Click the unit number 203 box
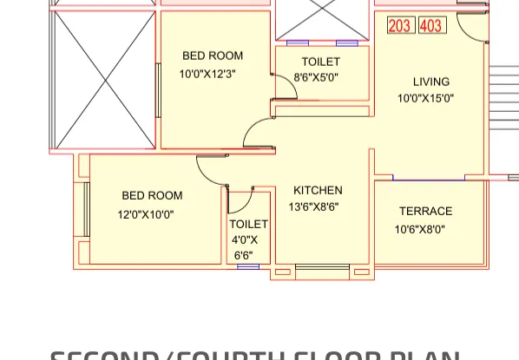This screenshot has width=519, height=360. (x=399, y=25)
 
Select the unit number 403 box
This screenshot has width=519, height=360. (x=431, y=25)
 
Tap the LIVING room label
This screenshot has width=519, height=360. (x=431, y=82)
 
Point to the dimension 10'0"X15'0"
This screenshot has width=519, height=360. (x=425, y=99)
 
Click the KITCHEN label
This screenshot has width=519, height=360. (x=318, y=191)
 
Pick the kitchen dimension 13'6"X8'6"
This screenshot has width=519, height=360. (x=313, y=207)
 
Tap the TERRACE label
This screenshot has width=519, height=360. (x=425, y=212)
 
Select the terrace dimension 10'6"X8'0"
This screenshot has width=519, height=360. (x=419, y=230)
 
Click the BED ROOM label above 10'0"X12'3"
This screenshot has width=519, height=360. (x=213, y=56)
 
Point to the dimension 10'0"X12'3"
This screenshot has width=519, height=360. (x=207, y=75)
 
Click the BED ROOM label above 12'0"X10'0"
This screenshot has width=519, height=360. (x=152, y=196)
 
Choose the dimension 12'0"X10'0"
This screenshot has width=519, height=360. (x=146, y=214)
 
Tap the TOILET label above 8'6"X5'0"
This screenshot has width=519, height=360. (x=321, y=62)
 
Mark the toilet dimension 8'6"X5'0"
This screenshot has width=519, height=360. (x=316, y=78)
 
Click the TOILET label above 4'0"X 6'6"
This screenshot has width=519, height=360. (x=249, y=225)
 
